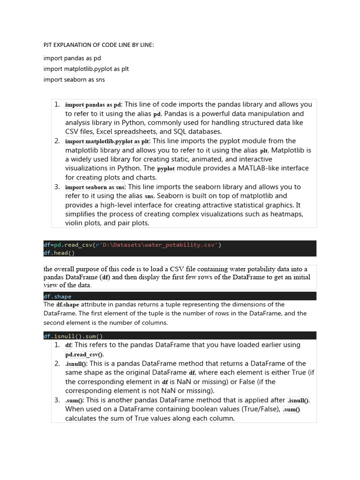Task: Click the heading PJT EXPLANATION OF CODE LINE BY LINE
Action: tap(98, 45)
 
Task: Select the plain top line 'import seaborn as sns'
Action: tap(74, 79)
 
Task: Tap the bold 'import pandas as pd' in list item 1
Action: tap(93, 105)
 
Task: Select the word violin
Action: tap(75, 223)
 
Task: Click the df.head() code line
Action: tap(59, 253)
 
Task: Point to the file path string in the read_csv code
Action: tap(158, 245)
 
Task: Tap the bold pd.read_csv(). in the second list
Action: tap(85, 355)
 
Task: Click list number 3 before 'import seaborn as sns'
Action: tap(57, 187)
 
